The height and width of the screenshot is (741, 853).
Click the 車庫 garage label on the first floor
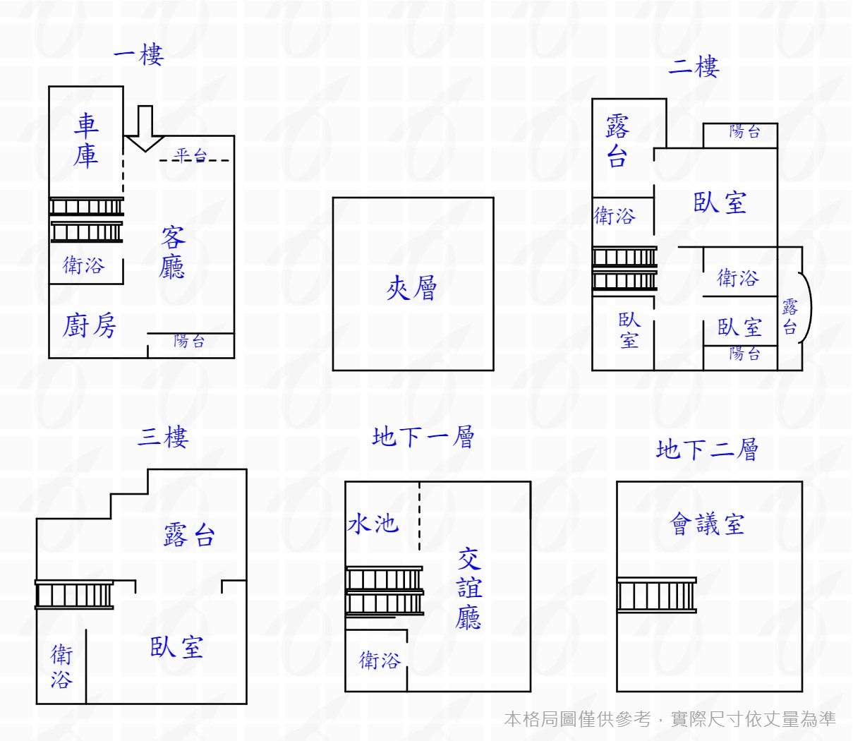pyautogui.click(x=86, y=140)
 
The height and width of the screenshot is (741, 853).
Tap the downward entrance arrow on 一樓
pyautogui.click(x=145, y=129)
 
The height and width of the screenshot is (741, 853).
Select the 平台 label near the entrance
pyautogui.click(x=190, y=155)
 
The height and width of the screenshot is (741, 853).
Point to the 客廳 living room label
pyautogui.click(x=172, y=253)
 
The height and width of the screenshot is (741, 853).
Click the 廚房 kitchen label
pyautogui.click(x=89, y=326)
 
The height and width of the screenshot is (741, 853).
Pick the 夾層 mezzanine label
pyautogui.click(x=412, y=288)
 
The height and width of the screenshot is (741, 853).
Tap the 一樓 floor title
pyautogui.click(x=138, y=55)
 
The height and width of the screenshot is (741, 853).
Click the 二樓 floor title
pyautogui.click(x=694, y=67)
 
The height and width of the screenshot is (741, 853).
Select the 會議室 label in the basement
pyautogui.click(x=707, y=524)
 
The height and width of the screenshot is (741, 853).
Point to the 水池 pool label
pyautogui.click(x=373, y=524)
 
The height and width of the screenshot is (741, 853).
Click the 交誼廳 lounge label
pyautogui.click(x=468, y=589)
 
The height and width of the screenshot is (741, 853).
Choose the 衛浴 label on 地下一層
pyautogui.click(x=380, y=660)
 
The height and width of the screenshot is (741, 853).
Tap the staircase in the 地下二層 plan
pyautogui.click(x=656, y=595)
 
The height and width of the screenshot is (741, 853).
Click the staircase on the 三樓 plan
pyautogui.click(x=74, y=595)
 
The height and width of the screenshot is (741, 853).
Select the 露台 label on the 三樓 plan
pyautogui.click(x=189, y=536)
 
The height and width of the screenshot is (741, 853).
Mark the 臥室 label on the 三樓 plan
pyautogui.click(x=176, y=647)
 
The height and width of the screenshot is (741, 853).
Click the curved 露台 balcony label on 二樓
pyautogui.click(x=790, y=317)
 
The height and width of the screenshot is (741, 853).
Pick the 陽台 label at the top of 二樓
pyautogui.click(x=744, y=131)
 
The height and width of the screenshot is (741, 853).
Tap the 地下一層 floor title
pyautogui.click(x=423, y=437)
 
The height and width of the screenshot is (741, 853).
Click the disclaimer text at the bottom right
pyautogui.click(x=670, y=719)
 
